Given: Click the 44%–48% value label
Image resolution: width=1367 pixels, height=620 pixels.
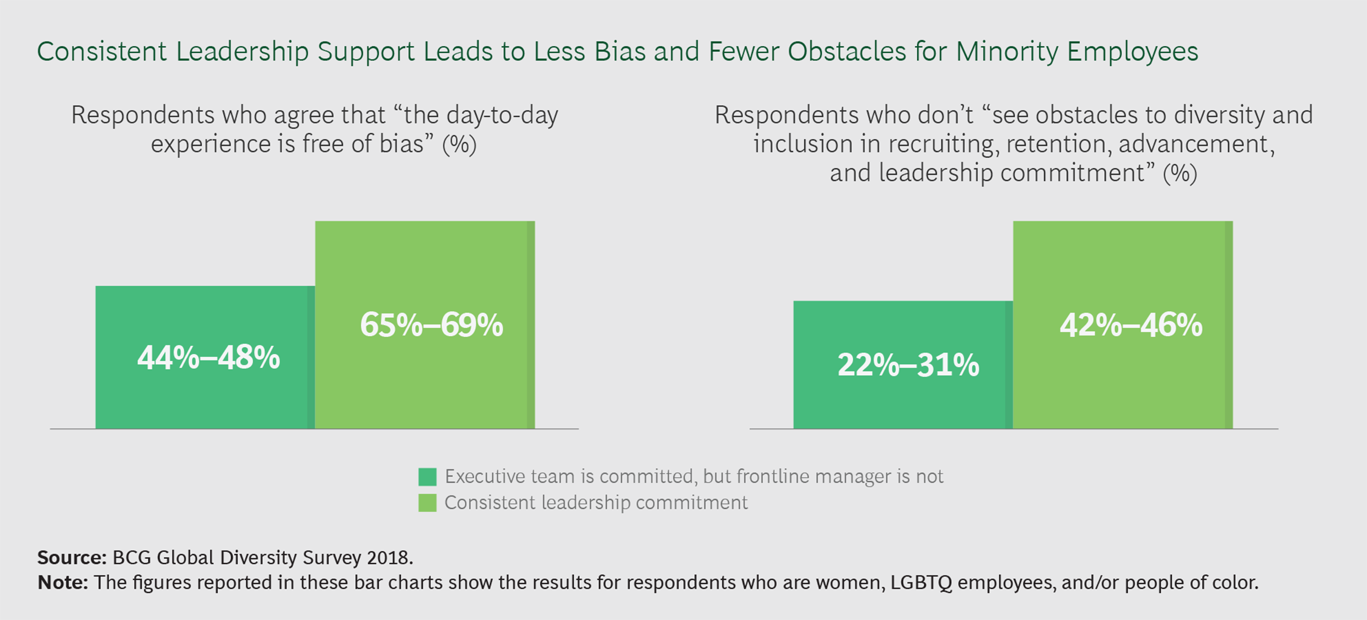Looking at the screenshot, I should point(208,358).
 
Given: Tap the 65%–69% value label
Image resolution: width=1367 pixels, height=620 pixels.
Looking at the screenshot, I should point(431,325).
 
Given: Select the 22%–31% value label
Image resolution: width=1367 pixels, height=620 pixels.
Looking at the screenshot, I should point(908,365).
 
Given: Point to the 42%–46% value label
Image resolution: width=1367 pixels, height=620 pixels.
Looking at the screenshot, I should point(1131,325).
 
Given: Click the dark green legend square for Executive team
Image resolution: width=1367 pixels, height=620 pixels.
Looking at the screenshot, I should point(427,477).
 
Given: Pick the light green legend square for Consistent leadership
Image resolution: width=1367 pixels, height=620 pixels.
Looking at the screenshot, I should point(427,503).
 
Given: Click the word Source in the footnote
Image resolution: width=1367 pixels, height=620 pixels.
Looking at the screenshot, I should point(71,558).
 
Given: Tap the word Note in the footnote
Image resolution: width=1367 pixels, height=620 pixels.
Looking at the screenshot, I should point(62,583).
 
